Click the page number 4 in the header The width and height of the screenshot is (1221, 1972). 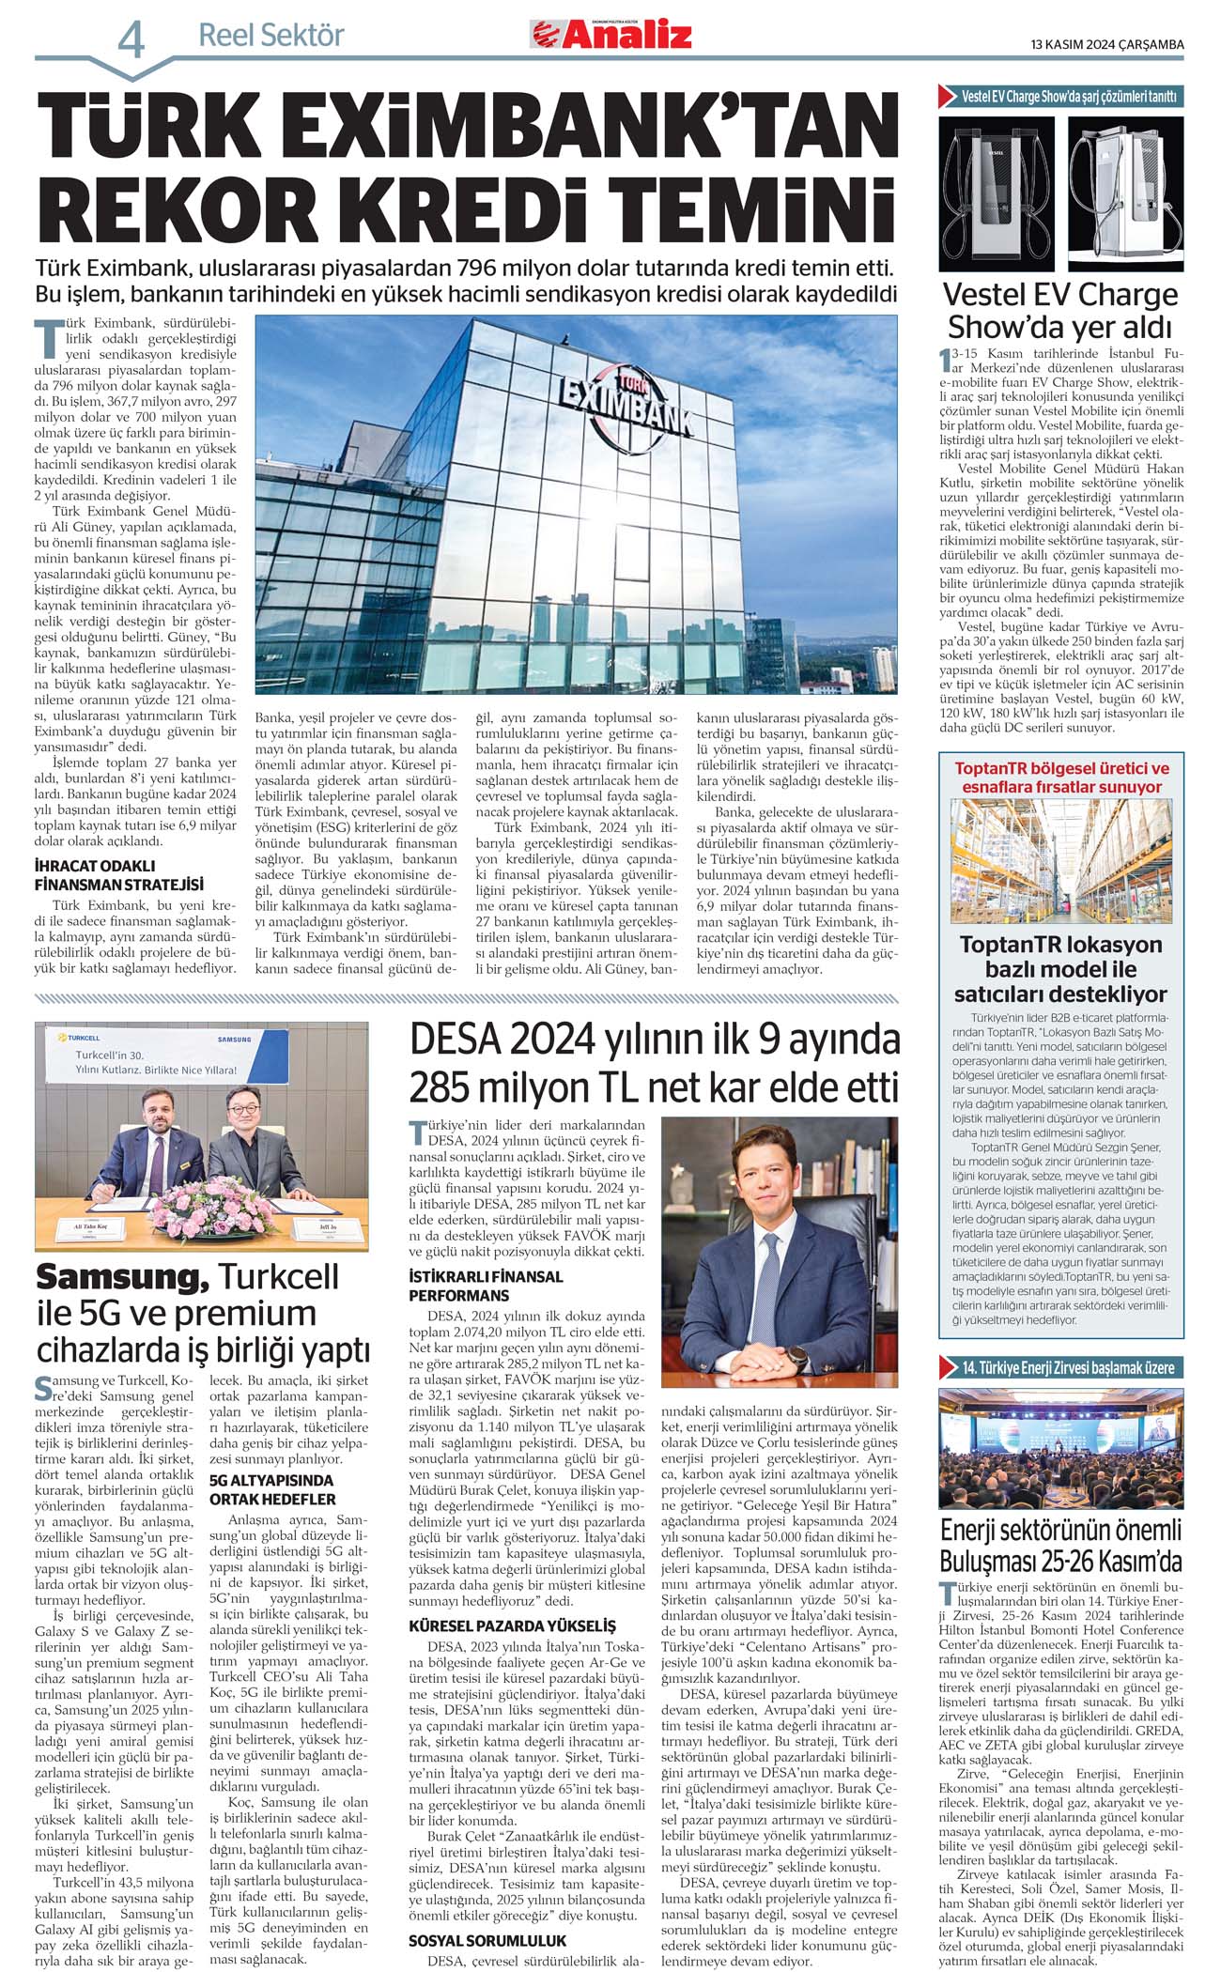131,40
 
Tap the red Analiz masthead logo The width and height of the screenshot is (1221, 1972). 611,35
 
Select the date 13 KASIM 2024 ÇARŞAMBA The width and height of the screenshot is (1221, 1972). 1106,44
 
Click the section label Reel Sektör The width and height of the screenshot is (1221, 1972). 271,36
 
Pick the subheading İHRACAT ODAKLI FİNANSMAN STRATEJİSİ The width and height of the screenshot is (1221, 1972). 119,875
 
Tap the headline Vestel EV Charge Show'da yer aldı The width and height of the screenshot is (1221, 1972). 1060,310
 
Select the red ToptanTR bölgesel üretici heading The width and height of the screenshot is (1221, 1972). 1061,778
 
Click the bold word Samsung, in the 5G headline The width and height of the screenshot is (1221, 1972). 122,1277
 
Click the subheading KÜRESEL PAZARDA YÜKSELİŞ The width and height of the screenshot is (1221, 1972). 512,1625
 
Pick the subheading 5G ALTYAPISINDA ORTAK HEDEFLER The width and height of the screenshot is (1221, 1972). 272,1489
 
